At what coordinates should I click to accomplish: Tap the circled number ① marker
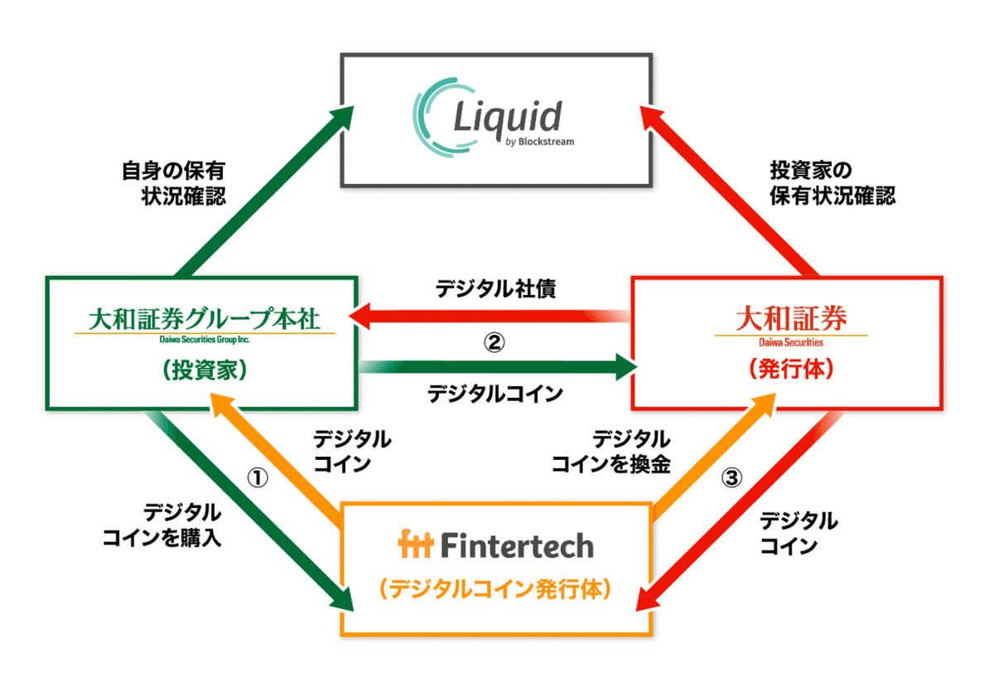258,478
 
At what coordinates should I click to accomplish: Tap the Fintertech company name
496,545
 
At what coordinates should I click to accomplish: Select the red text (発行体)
787,369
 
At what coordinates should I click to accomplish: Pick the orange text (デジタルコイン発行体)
495,589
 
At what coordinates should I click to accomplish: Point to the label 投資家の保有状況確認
832,183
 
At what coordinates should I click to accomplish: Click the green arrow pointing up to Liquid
263,190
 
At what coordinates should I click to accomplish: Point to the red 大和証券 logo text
786,317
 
